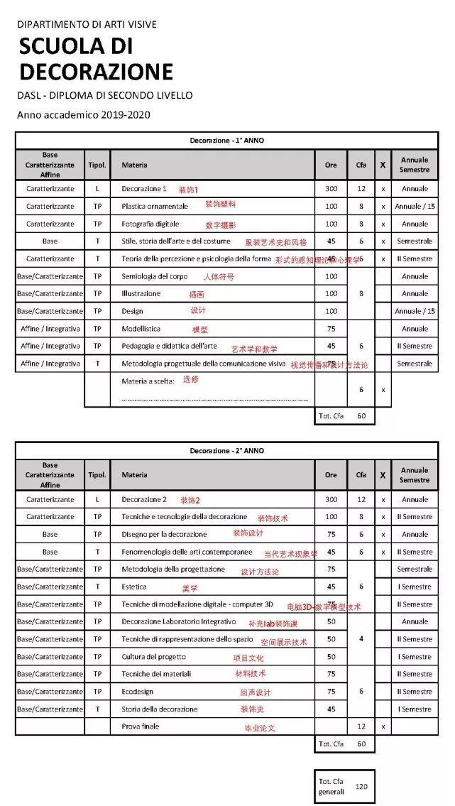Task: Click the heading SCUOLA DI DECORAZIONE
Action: coord(95,59)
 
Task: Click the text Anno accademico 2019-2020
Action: coord(83,114)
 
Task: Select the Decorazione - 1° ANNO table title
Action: coord(226,141)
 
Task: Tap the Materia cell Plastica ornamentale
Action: coord(155,206)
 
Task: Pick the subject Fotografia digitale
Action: coord(150,224)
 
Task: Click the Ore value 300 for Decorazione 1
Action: coord(331,189)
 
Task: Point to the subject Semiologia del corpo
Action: coord(155,276)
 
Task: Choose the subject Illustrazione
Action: coord(141,293)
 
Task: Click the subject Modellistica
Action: coord(141,329)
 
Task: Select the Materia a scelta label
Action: coord(148,381)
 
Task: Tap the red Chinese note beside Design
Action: coord(198,310)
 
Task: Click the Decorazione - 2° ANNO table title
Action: coord(226,451)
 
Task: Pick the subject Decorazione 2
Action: coord(144,499)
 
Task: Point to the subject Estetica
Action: coord(134,587)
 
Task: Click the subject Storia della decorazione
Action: coord(159,709)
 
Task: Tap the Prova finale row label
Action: coord(141,726)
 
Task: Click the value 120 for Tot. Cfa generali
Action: coord(361,786)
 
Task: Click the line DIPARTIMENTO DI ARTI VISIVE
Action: coord(87,25)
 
